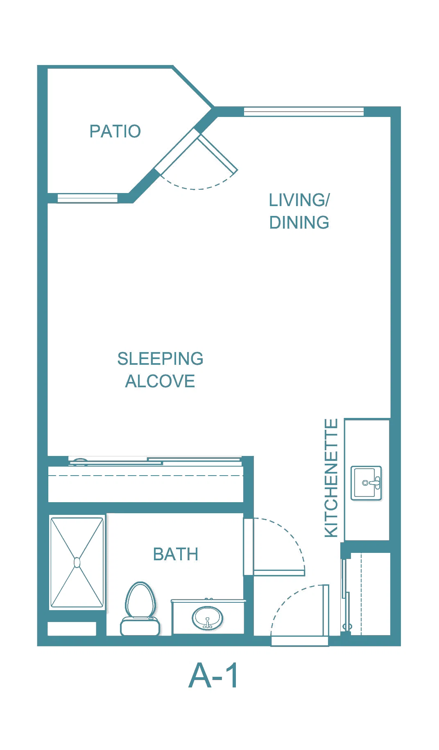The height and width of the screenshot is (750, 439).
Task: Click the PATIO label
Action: (115, 131)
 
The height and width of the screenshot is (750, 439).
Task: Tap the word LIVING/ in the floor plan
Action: (299, 200)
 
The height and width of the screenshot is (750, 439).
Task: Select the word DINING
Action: (299, 222)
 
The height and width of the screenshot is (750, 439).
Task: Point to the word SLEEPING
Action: (160, 359)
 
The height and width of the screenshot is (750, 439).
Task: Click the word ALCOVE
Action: (160, 381)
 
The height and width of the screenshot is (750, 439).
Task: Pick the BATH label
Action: (176, 555)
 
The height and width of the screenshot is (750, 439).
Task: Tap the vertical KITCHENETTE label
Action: (331, 478)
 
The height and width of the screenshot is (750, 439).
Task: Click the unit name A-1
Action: (213, 676)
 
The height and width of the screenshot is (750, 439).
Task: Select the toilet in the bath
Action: (140, 609)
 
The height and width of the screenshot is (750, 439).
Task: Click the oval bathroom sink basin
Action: (208, 618)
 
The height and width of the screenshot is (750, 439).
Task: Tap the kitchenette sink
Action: (366, 483)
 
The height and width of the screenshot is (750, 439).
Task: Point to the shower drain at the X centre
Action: (77, 563)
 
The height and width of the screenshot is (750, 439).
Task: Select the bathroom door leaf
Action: (279, 573)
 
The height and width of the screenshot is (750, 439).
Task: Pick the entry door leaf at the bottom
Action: (326, 611)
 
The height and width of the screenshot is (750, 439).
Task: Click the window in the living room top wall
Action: (304, 111)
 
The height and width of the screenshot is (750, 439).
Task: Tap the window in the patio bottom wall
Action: (88, 198)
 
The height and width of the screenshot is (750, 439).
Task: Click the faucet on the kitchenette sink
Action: (373, 483)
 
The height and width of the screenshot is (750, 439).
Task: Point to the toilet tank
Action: (140, 627)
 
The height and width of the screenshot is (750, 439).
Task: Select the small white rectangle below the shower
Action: (72, 629)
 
